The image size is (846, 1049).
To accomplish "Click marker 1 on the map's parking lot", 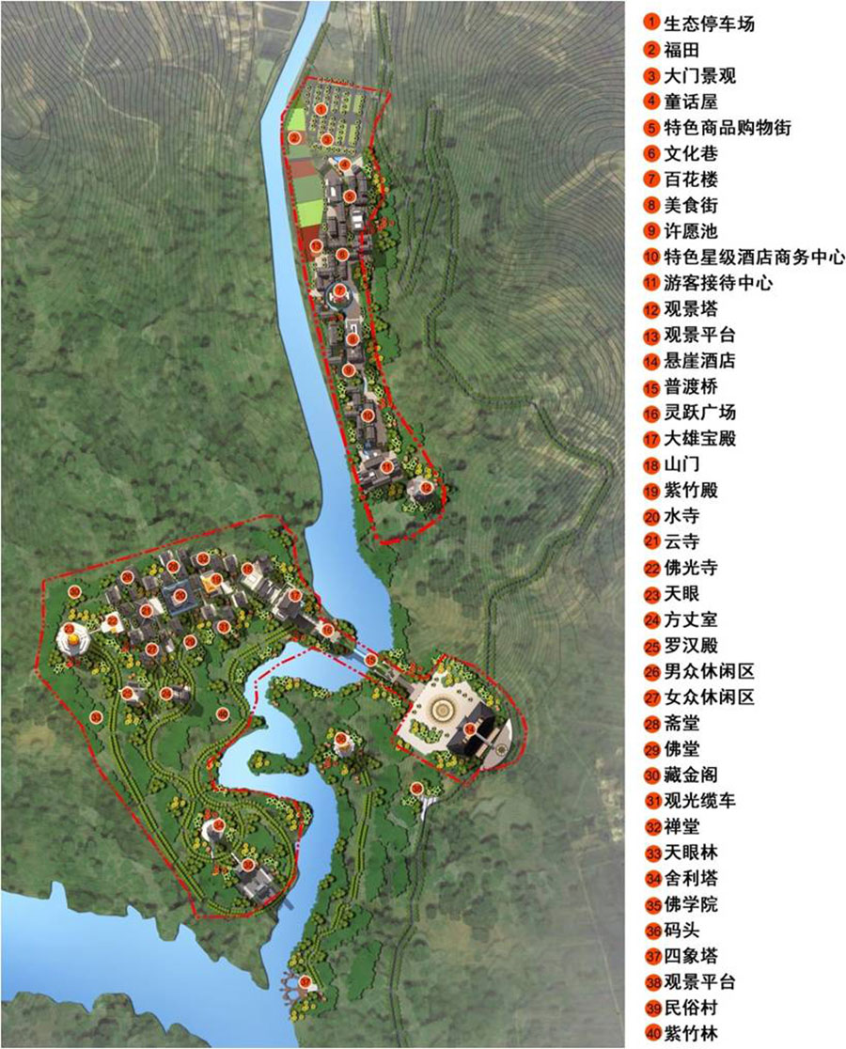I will pyautogui.click(x=321, y=110).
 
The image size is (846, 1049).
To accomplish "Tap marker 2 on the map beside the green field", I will pyautogui.click(x=294, y=138).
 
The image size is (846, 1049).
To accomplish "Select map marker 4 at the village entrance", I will pyautogui.click(x=345, y=165).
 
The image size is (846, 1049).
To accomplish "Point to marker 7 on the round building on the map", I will pyautogui.click(x=339, y=290).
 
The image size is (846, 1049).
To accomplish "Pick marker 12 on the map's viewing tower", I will pyautogui.click(x=426, y=488).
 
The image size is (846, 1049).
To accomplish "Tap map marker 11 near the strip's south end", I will pyautogui.click(x=385, y=466).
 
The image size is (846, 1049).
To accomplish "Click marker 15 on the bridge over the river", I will pyautogui.click(x=371, y=660).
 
